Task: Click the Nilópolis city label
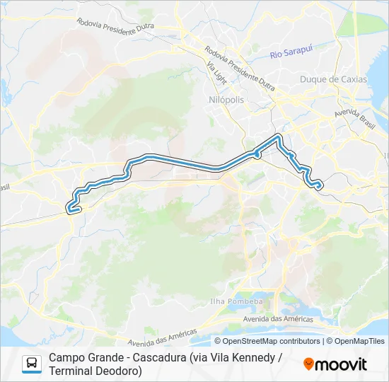[227, 100]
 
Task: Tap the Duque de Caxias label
[333, 79]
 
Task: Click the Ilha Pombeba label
[237, 301]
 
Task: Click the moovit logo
[335, 364]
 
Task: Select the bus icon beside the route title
[32, 364]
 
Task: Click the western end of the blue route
[69, 209]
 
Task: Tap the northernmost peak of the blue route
[279, 134]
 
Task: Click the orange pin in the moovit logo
[308, 365]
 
